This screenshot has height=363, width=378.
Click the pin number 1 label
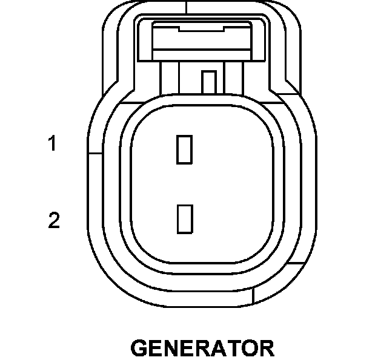[53, 145]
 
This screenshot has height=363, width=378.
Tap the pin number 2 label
[54, 221]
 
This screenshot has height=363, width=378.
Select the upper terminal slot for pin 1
[184, 149]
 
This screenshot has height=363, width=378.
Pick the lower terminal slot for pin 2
[184, 219]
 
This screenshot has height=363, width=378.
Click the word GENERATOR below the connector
[202, 348]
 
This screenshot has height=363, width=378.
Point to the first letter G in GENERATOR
[140, 348]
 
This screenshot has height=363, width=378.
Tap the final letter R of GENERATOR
[266, 348]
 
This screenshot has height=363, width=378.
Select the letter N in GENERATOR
[172, 348]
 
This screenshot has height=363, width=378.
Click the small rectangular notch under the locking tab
[209, 81]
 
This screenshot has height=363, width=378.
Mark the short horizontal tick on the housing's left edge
[94, 152]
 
